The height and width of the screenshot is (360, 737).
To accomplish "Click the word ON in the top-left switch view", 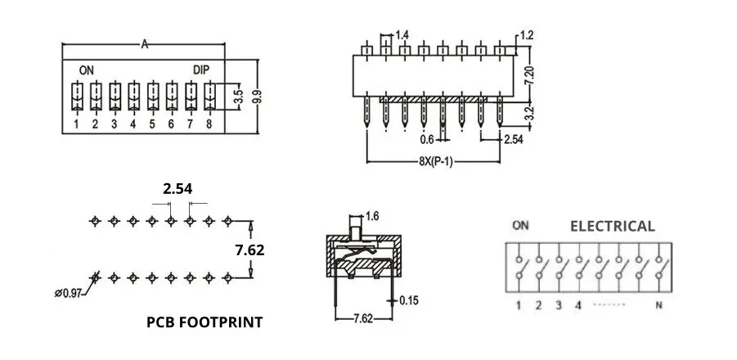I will click(86, 70).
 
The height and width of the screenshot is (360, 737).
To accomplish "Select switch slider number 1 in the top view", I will click(76, 97).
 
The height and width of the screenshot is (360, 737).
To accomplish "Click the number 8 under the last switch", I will click(209, 124).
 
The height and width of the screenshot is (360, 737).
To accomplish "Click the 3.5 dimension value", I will click(238, 97).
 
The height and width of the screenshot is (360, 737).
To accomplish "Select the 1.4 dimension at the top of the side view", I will click(402, 35).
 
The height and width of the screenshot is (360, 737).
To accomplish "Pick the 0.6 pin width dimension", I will click(428, 140).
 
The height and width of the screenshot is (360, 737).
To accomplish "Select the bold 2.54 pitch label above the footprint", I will click(178, 189).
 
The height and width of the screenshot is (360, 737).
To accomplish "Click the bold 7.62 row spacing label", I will click(249, 250).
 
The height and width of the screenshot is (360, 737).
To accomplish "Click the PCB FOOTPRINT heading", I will click(204, 322).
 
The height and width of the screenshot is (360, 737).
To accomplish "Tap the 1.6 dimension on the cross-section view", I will click(373, 216).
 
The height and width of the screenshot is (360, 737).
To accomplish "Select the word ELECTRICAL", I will click(612, 227).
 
